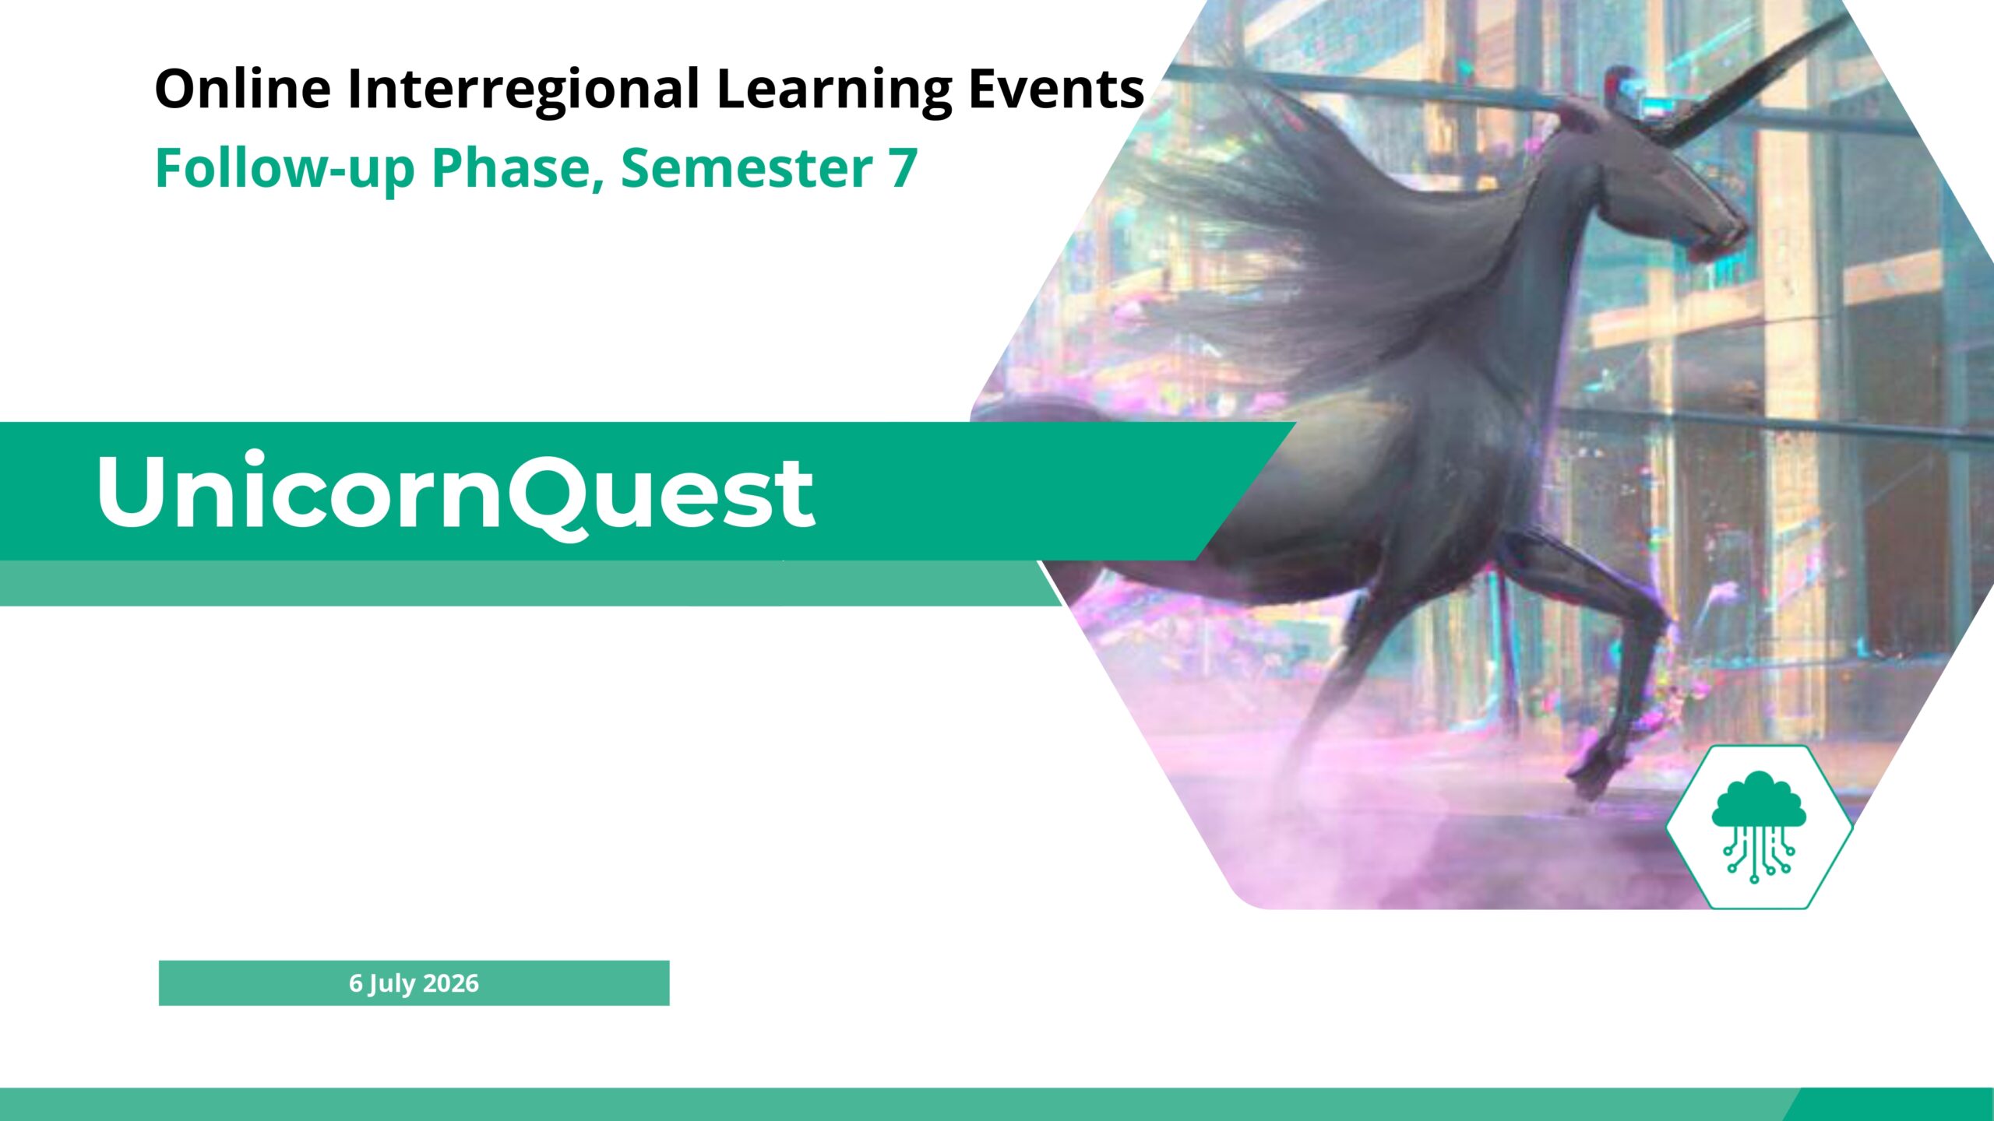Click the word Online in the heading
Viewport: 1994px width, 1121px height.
tap(243, 88)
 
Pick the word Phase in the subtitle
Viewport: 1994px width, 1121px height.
tap(518, 167)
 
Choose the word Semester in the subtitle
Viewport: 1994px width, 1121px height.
tap(747, 168)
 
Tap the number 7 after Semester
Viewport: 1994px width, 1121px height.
tap(903, 168)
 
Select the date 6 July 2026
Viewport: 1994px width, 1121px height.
tap(414, 983)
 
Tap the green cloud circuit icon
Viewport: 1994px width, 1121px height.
tap(1759, 827)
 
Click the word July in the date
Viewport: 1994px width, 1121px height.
tap(393, 984)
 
